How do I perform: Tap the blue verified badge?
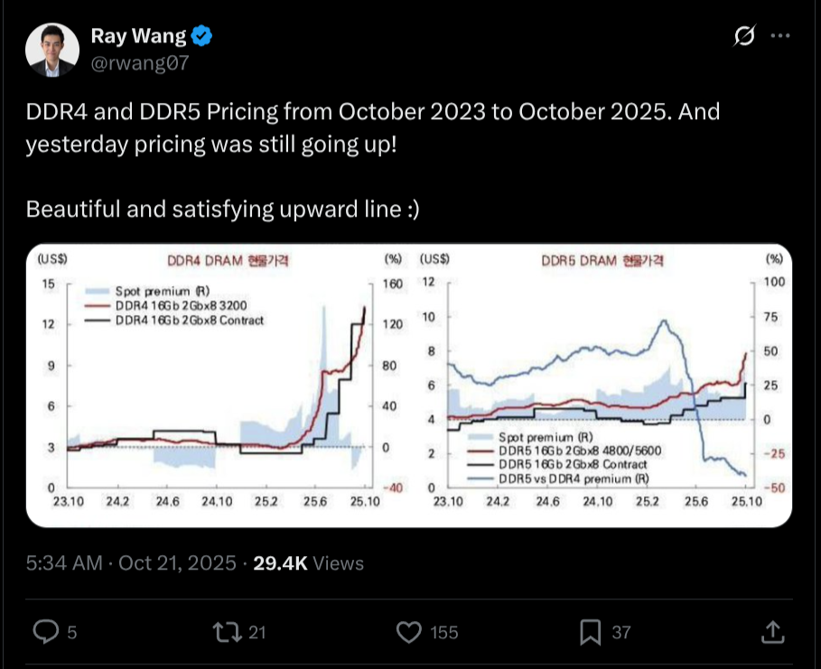pyautogui.click(x=203, y=36)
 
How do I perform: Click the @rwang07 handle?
pyautogui.click(x=140, y=62)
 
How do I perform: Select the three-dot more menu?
pyautogui.click(x=779, y=36)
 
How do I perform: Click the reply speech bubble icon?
pyautogui.click(x=45, y=631)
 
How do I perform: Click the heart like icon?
pyautogui.click(x=409, y=631)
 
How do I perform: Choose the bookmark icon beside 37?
pyautogui.click(x=591, y=631)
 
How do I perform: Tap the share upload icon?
pyautogui.click(x=773, y=631)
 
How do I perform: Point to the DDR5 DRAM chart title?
pyautogui.click(x=602, y=261)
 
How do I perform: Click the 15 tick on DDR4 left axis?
pyautogui.click(x=50, y=283)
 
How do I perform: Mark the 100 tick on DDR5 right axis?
pyautogui.click(x=775, y=282)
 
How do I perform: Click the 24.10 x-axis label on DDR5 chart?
pyautogui.click(x=594, y=501)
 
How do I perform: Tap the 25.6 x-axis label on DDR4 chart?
pyautogui.click(x=315, y=501)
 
